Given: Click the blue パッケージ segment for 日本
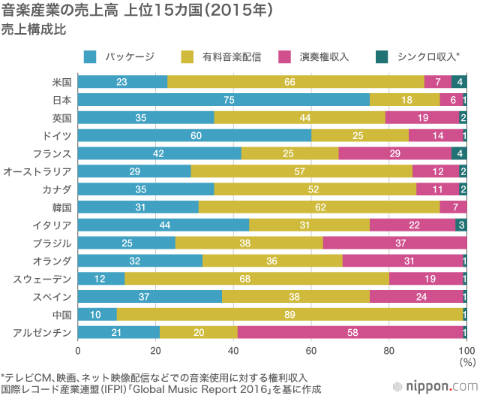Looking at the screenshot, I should click(223, 100).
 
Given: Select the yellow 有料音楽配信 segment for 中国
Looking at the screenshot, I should click(290, 313).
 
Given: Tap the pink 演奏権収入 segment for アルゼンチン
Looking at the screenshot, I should click(351, 331).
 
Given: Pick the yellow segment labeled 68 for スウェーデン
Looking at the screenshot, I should click(256, 278).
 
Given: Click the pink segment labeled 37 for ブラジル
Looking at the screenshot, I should click(394, 243).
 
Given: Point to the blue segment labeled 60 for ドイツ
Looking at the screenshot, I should click(194, 135).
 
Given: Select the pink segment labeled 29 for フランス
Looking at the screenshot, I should click(394, 153).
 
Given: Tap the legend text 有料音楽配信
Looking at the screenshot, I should click(232, 56).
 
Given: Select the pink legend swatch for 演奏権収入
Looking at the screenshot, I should click(285, 56).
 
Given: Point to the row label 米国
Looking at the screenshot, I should click(62, 82).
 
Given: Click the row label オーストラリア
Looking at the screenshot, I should click(37, 171).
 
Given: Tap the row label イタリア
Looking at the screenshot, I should click(52, 225).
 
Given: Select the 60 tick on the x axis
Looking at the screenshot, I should click(311, 350).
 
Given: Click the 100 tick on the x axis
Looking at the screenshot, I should click(466, 350).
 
